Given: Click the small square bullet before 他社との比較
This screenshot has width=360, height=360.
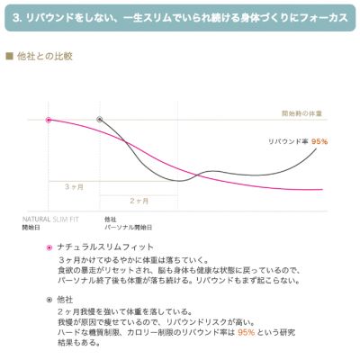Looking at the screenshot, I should [x=9, y=56].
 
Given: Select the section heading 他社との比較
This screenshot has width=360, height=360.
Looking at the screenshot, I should [x=40, y=56].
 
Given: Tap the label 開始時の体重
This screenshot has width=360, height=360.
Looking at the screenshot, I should [x=301, y=112].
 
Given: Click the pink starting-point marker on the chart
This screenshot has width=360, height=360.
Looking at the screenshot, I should [x=49, y=120].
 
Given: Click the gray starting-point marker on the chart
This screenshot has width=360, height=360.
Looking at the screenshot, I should [x=100, y=120].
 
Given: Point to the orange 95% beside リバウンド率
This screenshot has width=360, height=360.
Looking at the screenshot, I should [x=319, y=141].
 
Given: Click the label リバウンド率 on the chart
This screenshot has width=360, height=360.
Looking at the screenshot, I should [x=288, y=141].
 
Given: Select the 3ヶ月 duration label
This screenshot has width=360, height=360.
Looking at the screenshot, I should [x=74, y=186].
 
